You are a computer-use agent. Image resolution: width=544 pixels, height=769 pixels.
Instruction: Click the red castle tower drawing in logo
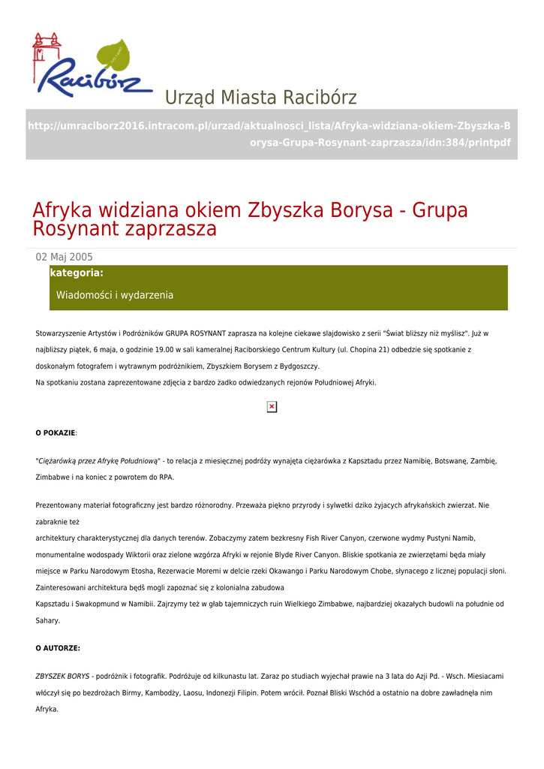tap(46, 49)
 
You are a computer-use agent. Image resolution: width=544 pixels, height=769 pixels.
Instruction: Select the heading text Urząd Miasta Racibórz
tap(260, 98)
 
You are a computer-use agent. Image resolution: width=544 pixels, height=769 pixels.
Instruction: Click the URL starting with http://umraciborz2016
tap(269, 134)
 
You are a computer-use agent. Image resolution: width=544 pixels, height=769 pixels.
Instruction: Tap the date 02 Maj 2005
tap(65, 258)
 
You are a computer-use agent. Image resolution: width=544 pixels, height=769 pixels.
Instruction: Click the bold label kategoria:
tap(77, 273)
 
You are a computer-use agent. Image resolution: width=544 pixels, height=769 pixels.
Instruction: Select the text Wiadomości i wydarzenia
tap(115, 296)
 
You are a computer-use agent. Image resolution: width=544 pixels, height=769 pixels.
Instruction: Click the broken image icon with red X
tap(272, 407)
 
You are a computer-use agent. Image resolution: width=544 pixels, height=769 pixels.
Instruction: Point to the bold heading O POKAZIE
tap(56, 433)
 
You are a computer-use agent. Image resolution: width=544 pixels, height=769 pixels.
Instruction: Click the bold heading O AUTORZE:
tap(58, 648)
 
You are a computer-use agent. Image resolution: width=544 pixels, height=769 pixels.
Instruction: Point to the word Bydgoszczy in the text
tap(298, 366)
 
